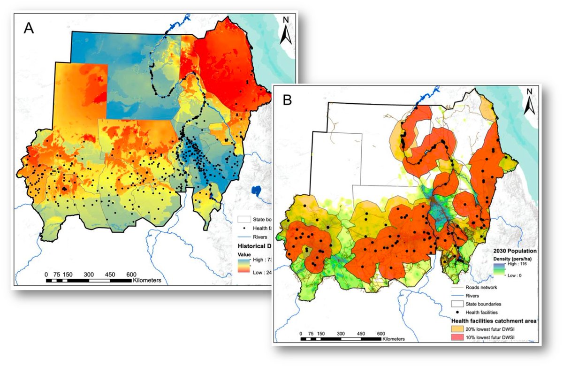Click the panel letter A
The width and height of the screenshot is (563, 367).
(29, 28)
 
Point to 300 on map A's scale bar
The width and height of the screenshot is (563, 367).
(89, 274)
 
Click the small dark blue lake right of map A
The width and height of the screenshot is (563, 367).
(257, 191)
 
